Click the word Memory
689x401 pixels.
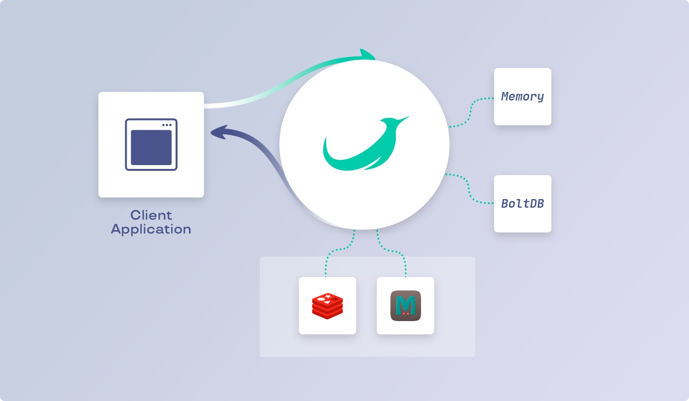522,97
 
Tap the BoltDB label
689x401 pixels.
522,203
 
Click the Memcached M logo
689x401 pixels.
405,306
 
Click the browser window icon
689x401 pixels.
151,145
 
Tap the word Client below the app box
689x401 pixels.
151,215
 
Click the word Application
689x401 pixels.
151,229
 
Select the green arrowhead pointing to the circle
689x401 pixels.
367,55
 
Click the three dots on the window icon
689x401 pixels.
167,125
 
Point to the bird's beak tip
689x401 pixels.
408,117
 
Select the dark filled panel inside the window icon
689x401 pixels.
151,147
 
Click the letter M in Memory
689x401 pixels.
505,97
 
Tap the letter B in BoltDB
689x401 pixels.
505,203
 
